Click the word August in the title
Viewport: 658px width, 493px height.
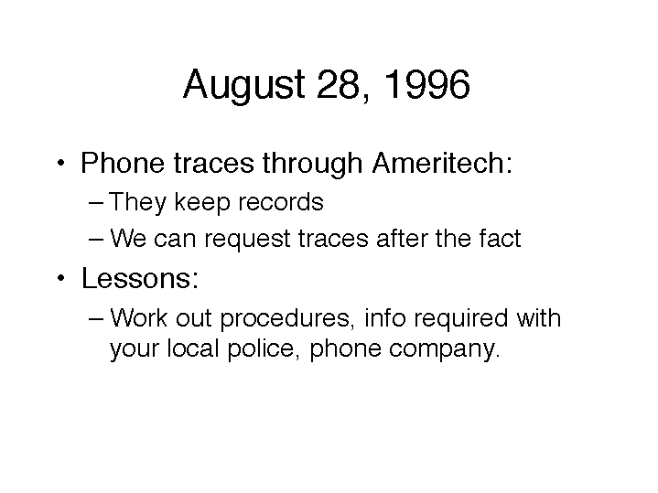coord(244,85)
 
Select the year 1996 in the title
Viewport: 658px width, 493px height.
coord(426,84)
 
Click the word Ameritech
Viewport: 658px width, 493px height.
coord(442,163)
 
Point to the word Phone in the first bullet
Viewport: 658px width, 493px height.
coord(122,163)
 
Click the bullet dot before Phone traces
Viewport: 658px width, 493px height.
coord(61,163)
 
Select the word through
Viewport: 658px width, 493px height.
coord(312,163)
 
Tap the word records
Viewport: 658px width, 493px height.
coord(280,202)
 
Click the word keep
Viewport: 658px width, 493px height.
coord(202,203)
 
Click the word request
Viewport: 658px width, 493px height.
coord(248,240)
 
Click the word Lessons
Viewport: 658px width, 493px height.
coord(140,278)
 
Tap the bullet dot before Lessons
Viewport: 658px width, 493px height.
coord(61,278)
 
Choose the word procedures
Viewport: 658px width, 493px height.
coord(285,319)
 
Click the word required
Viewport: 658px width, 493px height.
coord(460,319)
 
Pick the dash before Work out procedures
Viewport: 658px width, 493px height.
coord(96,319)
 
